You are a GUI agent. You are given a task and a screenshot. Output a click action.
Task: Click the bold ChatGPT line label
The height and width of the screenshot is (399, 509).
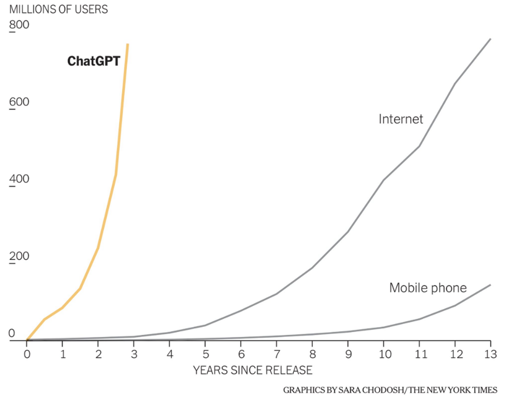click(x=94, y=62)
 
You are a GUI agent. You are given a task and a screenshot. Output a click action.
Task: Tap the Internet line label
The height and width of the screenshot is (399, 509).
click(x=401, y=119)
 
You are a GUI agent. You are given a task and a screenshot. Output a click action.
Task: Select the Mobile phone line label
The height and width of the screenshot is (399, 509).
click(x=428, y=288)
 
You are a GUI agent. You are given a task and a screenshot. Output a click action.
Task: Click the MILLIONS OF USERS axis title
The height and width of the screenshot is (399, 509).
click(x=59, y=10)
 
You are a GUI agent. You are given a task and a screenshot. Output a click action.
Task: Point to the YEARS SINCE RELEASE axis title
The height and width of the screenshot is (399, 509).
click(x=253, y=370)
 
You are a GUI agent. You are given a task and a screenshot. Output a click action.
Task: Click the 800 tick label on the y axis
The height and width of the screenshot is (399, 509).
click(x=19, y=25)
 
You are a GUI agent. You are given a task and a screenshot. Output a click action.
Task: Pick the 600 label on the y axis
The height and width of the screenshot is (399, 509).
click(x=19, y=102)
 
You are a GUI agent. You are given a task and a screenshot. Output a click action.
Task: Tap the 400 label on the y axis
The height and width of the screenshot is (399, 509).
click(x=19, y=179)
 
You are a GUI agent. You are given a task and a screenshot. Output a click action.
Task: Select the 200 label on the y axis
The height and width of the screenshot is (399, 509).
click(x=19, y=256)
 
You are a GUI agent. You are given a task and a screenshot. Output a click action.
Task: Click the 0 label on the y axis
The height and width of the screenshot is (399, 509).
click(x=12, y=334)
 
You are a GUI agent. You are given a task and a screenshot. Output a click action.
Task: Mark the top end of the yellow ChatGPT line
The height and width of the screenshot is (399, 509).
click(x=127, y=45)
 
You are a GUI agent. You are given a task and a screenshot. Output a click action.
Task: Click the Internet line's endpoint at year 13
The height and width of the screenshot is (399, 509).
click(x=490, y=39)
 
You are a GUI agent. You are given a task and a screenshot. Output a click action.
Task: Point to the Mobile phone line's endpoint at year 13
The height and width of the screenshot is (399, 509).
click(x=490, y=285)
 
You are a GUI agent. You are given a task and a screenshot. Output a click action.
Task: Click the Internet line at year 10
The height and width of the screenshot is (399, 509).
click(x=383, y=180)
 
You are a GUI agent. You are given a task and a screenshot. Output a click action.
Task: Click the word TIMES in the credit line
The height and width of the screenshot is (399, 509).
click(x=485, y=390)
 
